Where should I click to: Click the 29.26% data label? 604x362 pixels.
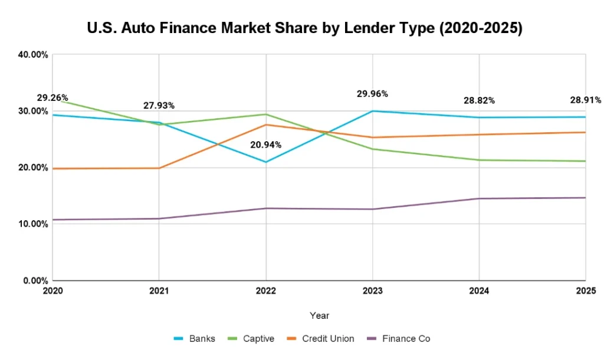[x=52, y=98]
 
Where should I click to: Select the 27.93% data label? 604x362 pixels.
[x=159, y=106]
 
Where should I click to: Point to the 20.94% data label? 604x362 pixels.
[x=266, y=145]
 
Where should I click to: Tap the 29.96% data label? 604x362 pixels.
[x=372, y=93]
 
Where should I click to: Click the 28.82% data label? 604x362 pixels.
[x=479, y=100]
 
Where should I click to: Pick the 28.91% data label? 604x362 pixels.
[x=585, y=100]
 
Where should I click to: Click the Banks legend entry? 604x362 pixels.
[x=195, y=338]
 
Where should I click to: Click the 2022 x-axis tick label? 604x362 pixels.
[x=266, y=291]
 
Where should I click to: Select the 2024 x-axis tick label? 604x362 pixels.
[x=479, y=291]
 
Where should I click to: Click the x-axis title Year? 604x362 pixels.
[x=319, y=316]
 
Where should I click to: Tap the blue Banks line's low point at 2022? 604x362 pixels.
[x=266, y=162]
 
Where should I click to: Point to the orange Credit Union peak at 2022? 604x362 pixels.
[x=266, y=125]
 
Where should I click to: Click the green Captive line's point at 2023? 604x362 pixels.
[x=372, y=149]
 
